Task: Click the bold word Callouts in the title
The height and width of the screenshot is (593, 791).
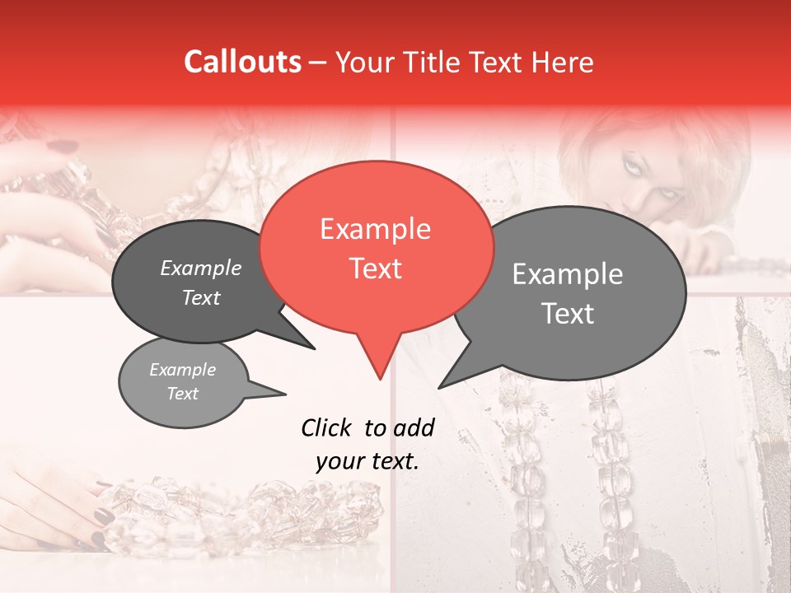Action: (x=242, y=62)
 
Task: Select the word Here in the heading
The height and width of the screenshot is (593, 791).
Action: (x=563, y=63)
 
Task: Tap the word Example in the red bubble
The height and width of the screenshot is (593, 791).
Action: (x=375, y=229)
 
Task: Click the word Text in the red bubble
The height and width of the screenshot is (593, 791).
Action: (x=375, y=268)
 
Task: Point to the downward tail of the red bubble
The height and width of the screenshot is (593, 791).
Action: (x=379, y=367)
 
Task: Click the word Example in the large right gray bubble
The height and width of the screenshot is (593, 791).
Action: (x=567, y=274)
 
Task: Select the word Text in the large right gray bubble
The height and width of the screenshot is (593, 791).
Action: (x=569, y=314)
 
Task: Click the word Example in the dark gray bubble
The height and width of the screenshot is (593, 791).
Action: (x=201, y=268)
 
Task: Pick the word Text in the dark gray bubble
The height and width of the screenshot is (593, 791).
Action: (x=201, y=297)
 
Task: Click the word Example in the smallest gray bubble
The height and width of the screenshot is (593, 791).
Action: (x=182, y=370)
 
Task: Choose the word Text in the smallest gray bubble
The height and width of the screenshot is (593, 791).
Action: (x=183, y=394)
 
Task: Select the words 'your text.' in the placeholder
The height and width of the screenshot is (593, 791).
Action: (x=367, y=461)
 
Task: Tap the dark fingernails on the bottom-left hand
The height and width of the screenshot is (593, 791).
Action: (x=103, y=516)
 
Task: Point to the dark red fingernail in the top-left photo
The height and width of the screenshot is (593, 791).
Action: (x=59, y=147)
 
